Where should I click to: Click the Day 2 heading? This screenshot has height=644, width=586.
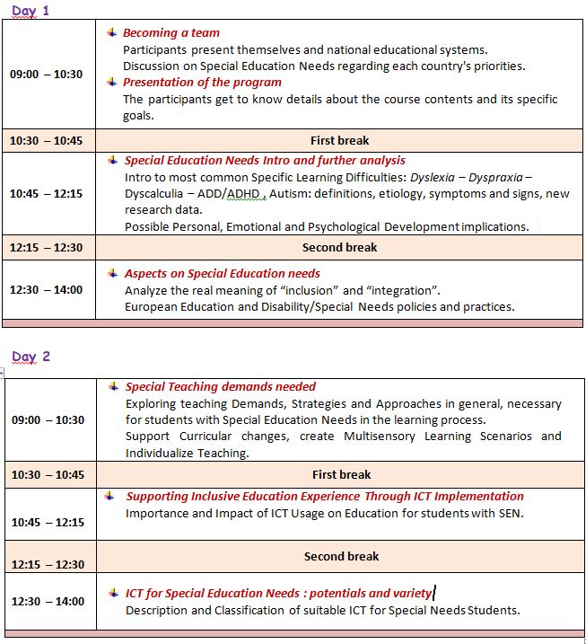[x=31, y=357]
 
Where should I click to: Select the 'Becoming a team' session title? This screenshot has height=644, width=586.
[x=171, y=33]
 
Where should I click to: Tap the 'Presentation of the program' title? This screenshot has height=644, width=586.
[x=202, y=82]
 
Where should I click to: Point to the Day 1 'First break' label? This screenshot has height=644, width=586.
[x=339, y=140]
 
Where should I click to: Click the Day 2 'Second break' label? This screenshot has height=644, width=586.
[x=340, y=556]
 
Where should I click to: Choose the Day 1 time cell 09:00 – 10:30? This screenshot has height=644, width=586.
[x=47, y=75]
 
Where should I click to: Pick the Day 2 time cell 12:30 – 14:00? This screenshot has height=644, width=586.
[x=47, y=601]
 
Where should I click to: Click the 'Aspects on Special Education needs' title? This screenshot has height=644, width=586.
[x=223, y=273]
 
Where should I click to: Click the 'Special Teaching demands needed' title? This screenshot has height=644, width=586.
[x=221, y=386]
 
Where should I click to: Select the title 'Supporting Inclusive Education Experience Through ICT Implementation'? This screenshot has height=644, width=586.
[x=325, y=496]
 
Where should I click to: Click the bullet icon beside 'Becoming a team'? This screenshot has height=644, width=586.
[x=111, y=32]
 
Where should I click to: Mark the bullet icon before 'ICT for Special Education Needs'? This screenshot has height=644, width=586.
[x=113, y=593]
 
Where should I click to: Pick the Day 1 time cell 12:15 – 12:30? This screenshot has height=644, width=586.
[x=47, y=248]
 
